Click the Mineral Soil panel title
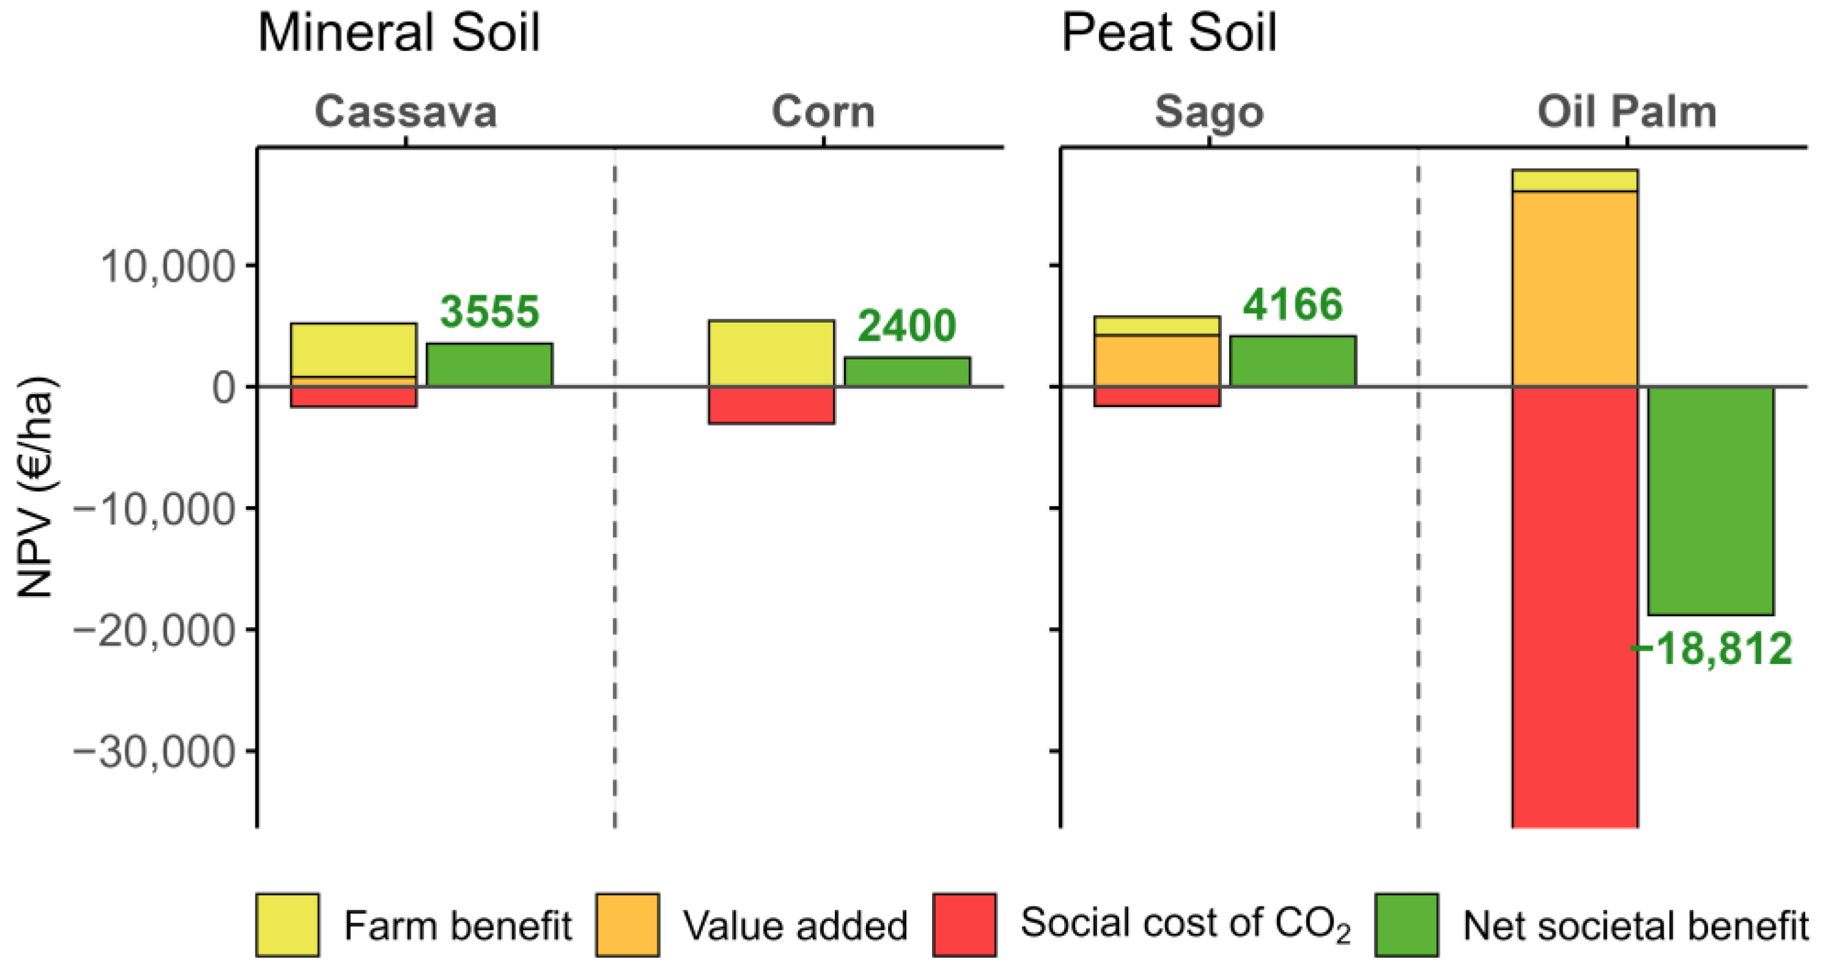[x=398, y=33]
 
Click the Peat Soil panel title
[x=1169, y=33]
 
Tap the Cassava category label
[x=406, y=112]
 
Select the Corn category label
[x=823, y=112]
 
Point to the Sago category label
[x=1209, y=112]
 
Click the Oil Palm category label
[x=1626, y=112]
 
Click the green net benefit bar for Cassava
[x=490, y=365]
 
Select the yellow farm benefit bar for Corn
[x=771, y=353]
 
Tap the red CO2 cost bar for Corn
[x=771, y=405]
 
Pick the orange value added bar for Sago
[x=1157, y=361]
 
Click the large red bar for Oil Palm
[x=1574, y=606]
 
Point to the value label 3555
[x=490, y=312]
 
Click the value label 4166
[x=1292, y=304]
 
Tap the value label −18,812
[x=1711, y=649]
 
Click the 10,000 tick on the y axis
[x=168, y=267]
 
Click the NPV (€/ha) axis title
[x=35, y=486]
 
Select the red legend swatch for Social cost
[x=964, y=924]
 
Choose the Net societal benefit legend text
[x=1635, y=926]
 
